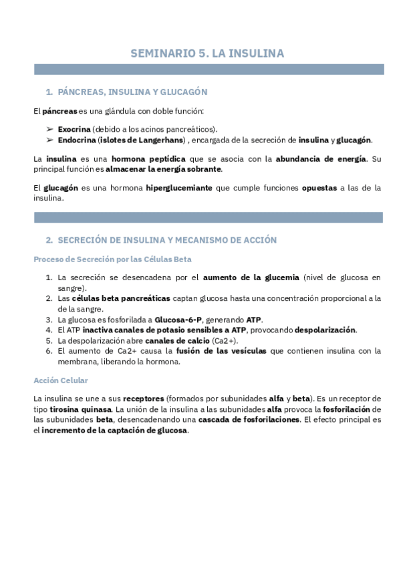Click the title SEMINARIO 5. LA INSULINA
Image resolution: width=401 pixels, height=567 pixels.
point(207,53)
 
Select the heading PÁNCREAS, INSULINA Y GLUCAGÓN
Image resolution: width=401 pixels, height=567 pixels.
point(132,92)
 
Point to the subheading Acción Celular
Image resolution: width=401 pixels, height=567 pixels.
point(60,380)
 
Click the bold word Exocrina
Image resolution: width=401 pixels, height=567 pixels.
point(74,128)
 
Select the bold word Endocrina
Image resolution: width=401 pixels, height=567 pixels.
point(76,140)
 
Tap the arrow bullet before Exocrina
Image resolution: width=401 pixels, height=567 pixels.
point(50,128)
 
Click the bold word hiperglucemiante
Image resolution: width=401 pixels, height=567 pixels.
point(179,188)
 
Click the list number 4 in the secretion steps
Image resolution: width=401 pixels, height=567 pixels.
point(49,330)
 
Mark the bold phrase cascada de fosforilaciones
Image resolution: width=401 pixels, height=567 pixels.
point(257,420)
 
